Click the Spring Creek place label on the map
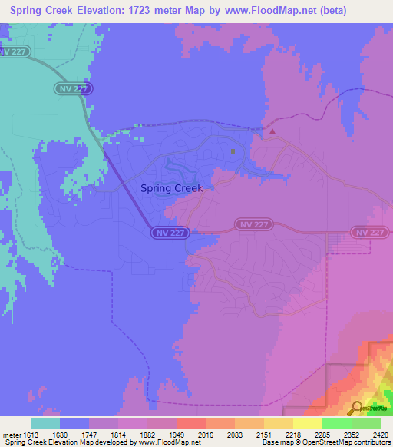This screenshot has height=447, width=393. coord(172,188)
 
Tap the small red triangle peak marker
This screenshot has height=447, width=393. coord(272,131)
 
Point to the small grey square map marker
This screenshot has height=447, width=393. coord(233,151)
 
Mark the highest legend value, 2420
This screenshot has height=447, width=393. coord(381,434)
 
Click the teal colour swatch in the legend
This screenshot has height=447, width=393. coord(45,423)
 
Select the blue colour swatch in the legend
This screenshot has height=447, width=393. coord(74,423)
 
